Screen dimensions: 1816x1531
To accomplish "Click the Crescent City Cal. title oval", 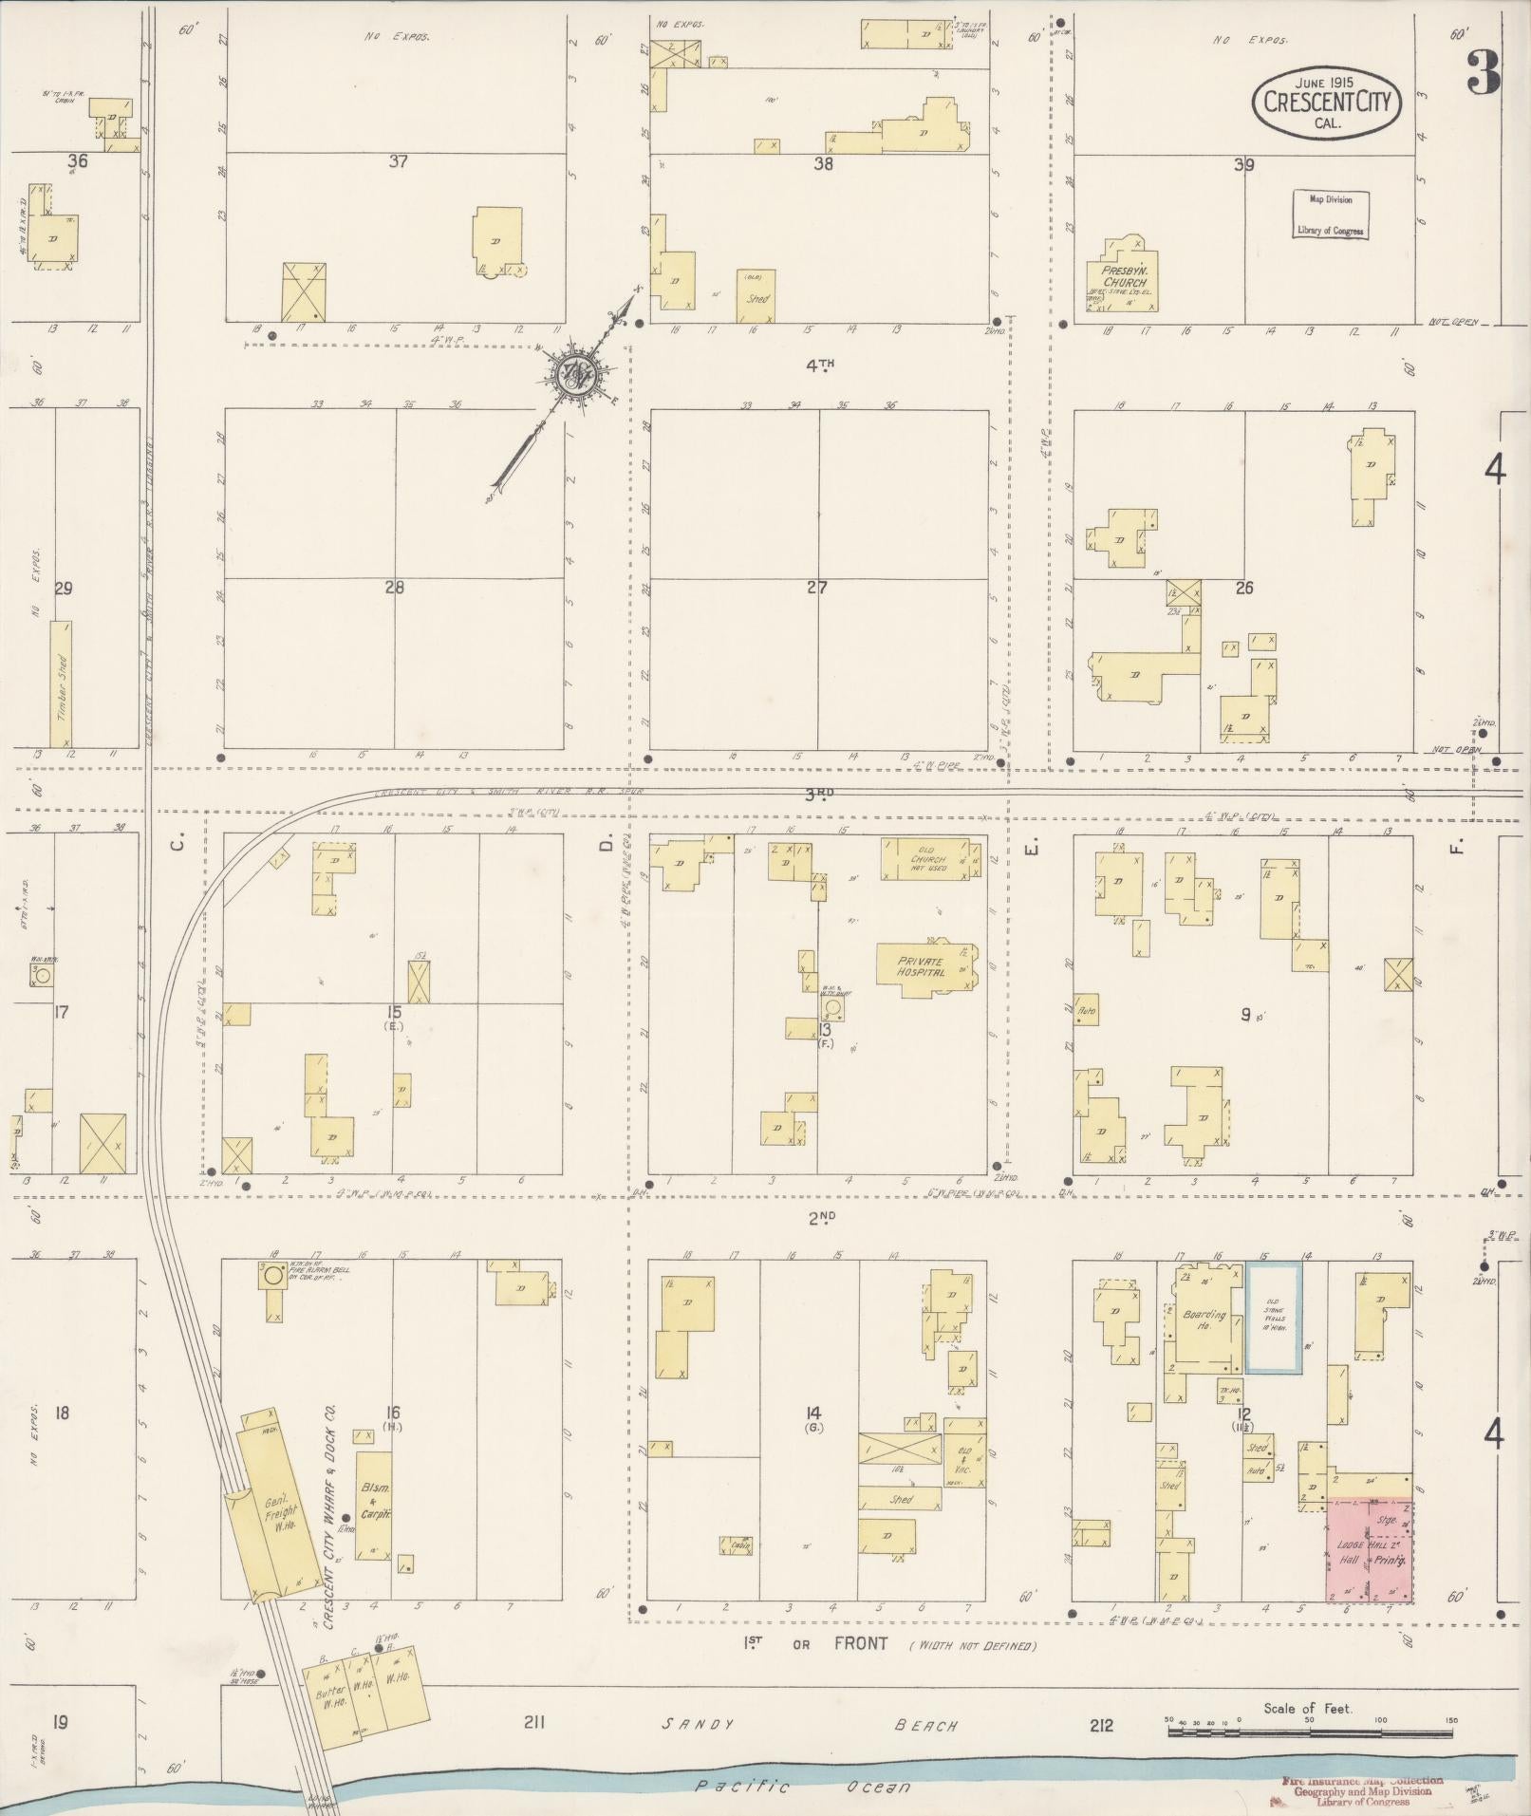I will click(x=1327, y=103).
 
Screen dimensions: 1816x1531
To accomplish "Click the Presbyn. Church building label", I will click(x=1126, y=276).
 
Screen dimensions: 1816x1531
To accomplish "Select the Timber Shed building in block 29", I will click(x=61, y=683).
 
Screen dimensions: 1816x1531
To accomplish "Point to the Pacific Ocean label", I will click(x=802, y=1787).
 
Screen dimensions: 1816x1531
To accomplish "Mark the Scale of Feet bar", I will click(x=1310, y=1732).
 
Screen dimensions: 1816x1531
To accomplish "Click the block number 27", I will click(x=816, y=588).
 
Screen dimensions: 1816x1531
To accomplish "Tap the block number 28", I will click(x=394, y=588).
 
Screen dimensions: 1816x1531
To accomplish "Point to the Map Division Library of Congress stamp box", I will click(x=1330, y=215).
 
